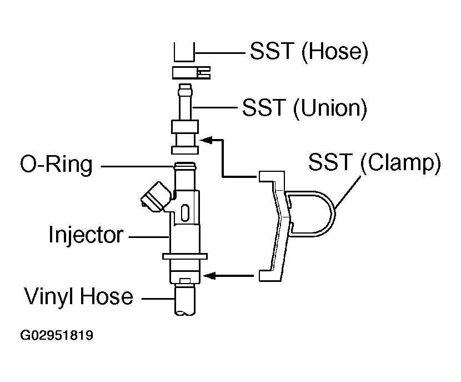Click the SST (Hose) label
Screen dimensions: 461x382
[x=309, y=52]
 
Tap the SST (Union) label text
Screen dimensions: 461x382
[x=304, y=108]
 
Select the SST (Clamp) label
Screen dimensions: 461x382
[x=374, y=162]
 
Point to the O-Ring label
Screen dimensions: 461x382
[x=56, y=164]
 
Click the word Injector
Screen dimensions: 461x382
[x=86, y=235]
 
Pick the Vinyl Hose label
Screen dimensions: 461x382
[x=78, y=296]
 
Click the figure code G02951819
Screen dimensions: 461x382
[x=57, y=335]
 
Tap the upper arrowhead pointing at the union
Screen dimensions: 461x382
[x=206, y=140]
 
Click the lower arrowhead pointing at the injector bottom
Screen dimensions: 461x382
[x=209, y=276]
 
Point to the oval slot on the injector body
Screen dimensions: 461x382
[x=184, y=212]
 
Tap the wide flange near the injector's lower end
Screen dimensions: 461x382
[x=185, y=256]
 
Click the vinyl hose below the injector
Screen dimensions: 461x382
[x=184, y=300]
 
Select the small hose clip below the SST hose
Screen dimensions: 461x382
[x=192, y=73]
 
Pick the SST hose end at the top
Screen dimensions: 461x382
[x=184, y=52]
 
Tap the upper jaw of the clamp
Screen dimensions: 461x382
[x=271, y=176]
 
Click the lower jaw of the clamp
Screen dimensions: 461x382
[x=269, y=275]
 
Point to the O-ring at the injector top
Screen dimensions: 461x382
[x=185, y=165]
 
